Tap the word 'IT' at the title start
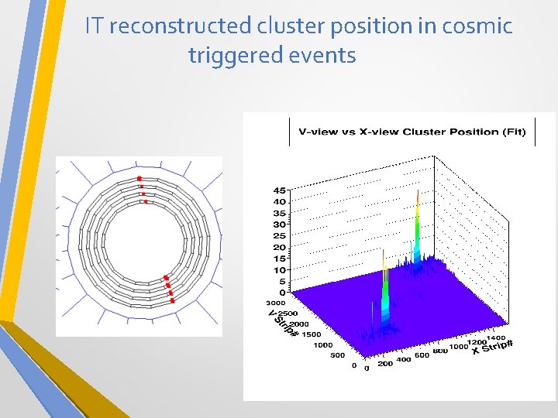pyautogui.click(x=95, y=26)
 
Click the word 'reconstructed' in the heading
pyautogui.click(x=180, y=26)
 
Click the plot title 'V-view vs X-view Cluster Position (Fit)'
pyautogui.click(x=412, y=132)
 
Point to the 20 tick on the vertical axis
pyautogui.click(x=280, y=248)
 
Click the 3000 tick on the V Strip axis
pyautogui.click(x=276, y=303)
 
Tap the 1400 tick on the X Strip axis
pyautogui.click(x=496, y=338)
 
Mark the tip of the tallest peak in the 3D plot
pyautogui.click(x=418, y=191)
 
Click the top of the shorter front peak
pyautogui.click(x=383, y=251)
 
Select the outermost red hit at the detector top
pyautogui.click(x=139, y=177)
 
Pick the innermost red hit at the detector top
pyautogui.click(x=145, y=201)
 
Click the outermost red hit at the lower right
pyautogui.click(x=172, y=300)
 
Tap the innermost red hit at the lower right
pyautogui.click(x=165, y=278)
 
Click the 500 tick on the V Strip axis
pyautogui.click(x=338, y=356)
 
